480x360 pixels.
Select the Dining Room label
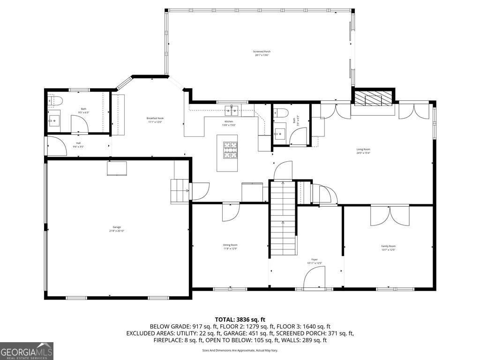coord(230,247)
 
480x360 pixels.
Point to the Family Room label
coord(388,248)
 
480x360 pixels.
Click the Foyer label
coord(315,261)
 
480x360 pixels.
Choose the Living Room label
coord(363,151)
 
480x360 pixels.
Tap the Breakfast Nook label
coord(155,120)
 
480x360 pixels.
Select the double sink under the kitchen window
coord(232,110)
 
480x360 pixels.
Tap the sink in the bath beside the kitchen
coord(280,133)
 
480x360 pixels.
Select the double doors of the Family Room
coord(390,216)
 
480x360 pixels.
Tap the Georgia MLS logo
coord(27,351)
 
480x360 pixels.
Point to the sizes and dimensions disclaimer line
coord(240,350)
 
